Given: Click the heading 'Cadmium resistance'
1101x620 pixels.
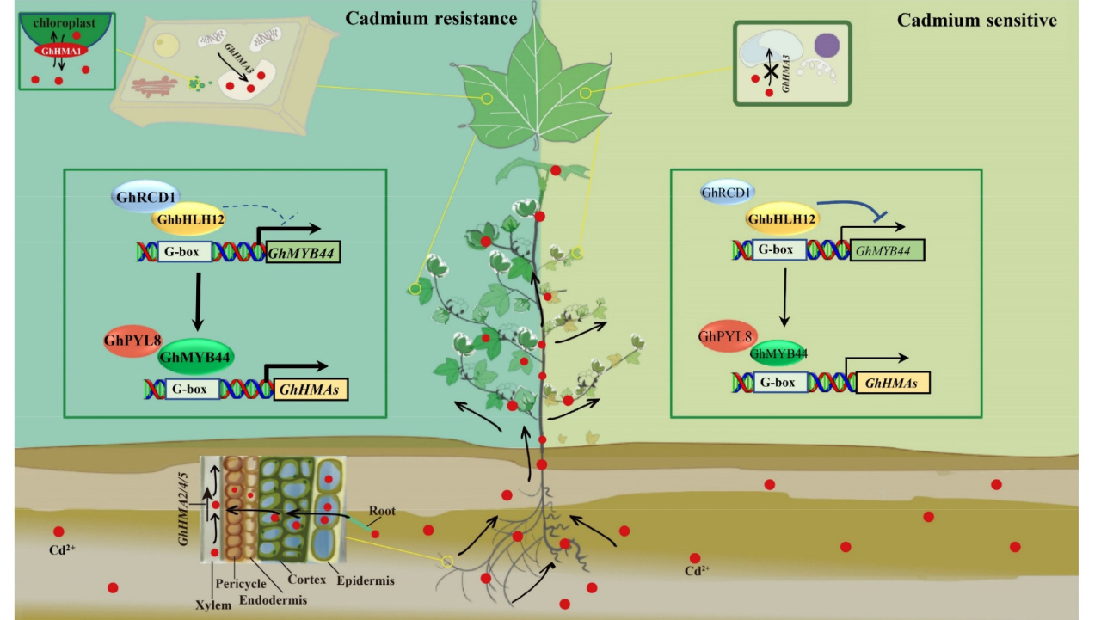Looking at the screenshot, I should pyautogui.click(x=431, y=18).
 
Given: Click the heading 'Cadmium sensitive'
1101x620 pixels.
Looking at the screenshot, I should pyautogui.click(x=977, y=20).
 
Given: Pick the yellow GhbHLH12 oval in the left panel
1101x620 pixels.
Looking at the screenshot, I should pyautogui.click(x=188, y=221).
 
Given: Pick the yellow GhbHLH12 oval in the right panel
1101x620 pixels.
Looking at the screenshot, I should pyautogui.click(x=782, y=219).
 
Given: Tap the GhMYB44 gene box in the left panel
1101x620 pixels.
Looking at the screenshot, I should pyautogui.click(x=304, y=252).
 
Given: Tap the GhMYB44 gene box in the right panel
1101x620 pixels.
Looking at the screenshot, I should pyautogui.click(x=887, y=251).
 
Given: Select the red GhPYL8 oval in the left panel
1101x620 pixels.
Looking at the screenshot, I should pyautogui.click(x=132, y=341).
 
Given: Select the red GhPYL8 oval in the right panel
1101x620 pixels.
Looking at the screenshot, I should pyautogui.click(x=726, y=336).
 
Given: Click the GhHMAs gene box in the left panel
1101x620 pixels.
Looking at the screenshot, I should pyautogui.click(x=311, y=390).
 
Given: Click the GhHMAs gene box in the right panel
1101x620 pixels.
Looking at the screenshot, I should pyautogui.click(x=893, y=383).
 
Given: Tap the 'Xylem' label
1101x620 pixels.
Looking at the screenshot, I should pyautogui.click(x=213, y=605).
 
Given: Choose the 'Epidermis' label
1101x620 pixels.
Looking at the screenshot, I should pyautogui.click(x=366, y=580).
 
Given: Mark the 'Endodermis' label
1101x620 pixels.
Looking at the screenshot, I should pyautogui.click(x=272, y=599).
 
